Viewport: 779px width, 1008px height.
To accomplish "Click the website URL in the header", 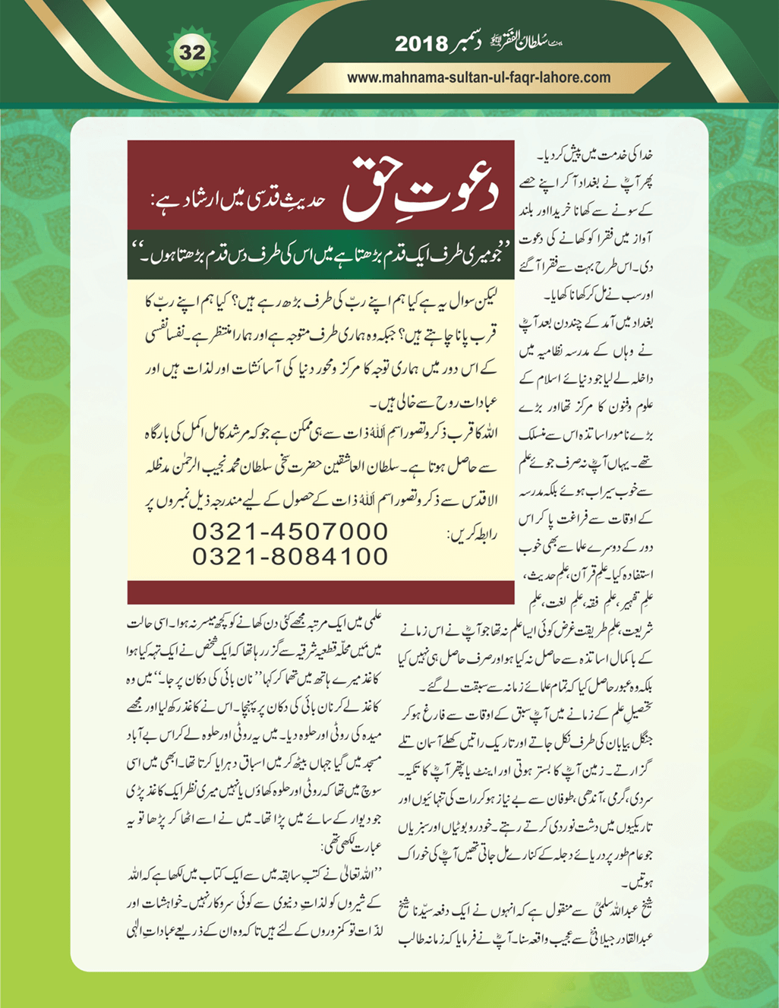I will click(x=478, y=77).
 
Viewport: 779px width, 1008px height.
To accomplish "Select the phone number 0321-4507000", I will click(x=290, y=532).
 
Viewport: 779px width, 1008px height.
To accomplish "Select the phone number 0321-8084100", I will click(x=290, y=557).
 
